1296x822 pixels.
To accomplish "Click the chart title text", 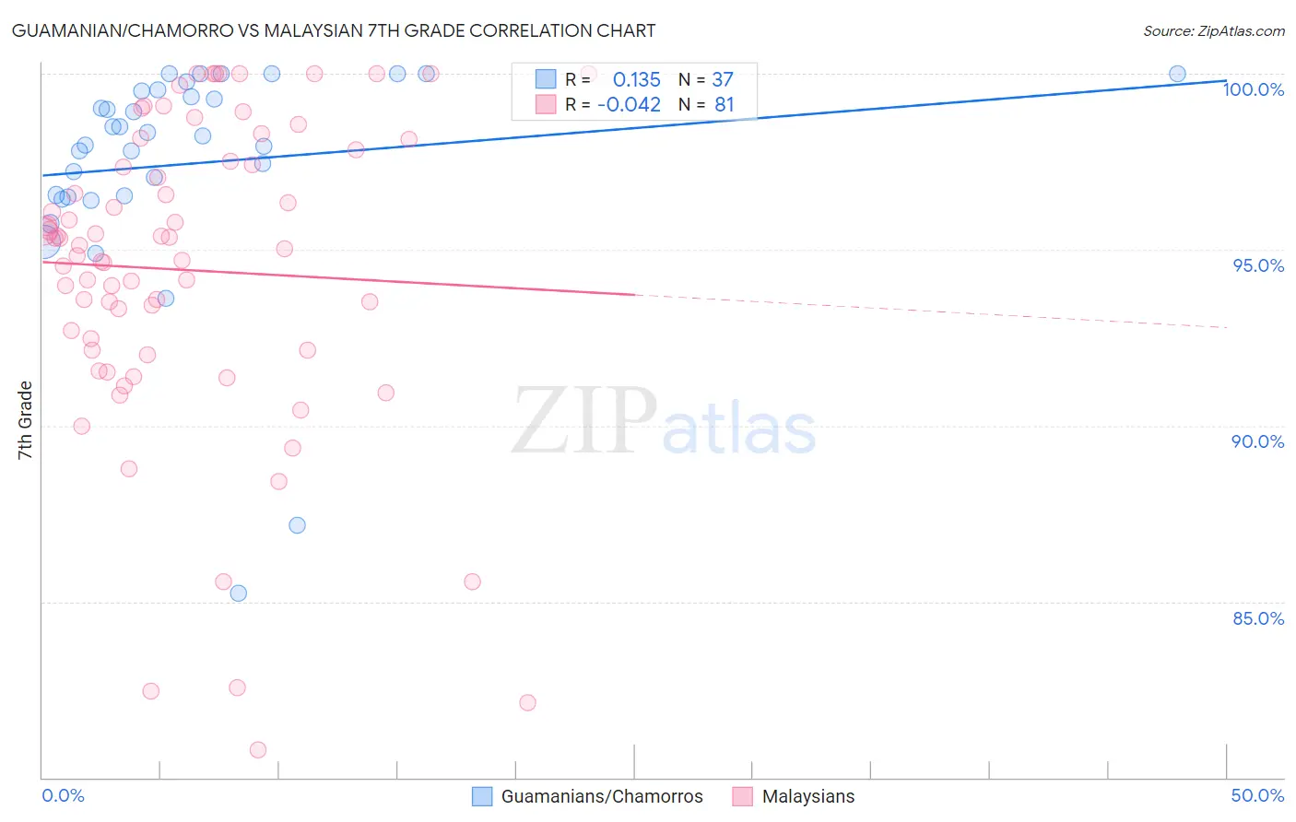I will click(x=334, y=30).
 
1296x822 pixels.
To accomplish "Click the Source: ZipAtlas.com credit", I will click(x=1213, y=31).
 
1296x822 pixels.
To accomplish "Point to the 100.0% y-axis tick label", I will click(x=1254, y=89).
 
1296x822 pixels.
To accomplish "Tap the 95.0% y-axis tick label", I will click(x=1258, y=265).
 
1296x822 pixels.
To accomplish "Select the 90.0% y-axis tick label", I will click(x=1258, y=441).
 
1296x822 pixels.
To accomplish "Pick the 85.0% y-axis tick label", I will click(x=1258, y=618).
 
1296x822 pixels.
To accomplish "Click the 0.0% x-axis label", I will click(x=63, y=795).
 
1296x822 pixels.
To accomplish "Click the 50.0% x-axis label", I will click(x=1257, y=795).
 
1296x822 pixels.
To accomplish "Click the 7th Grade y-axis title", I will click(x=25, y=420).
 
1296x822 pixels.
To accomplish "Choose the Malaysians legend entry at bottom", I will click(x=807, y=796).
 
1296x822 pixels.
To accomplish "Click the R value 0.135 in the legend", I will click(x=636, y=79).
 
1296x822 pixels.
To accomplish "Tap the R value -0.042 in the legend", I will click(x=629, y=104).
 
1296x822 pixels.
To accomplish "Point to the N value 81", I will click(x=725, y=104).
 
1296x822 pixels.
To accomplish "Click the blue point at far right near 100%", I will click(x=1177, y=74).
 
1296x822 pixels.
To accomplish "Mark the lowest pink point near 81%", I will click(x=258, y=750).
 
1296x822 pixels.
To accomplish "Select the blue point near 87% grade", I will click(x=297, y=525).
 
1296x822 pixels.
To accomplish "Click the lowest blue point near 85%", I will click(x=238, y=593).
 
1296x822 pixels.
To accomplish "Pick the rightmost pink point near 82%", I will click(x=527, y=703).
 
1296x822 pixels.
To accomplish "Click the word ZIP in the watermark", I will click(x=584, y=422).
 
